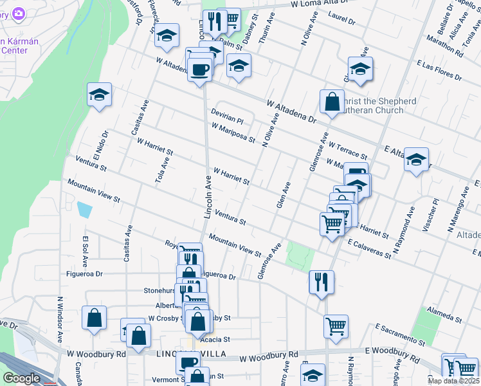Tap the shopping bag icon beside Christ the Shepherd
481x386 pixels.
pyautogui.click(x=332, y=102)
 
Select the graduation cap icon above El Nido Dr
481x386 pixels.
pyautogui.click(x=99, y=95)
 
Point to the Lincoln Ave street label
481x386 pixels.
pyautogui.click(x=208, y=197)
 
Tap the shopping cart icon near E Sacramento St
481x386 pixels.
pyautogui.click(x=336, y=327)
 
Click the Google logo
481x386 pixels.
pyautogui.click(x=21, y=378)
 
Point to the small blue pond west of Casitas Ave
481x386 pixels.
pyautogui.click(x=84, y=210)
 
